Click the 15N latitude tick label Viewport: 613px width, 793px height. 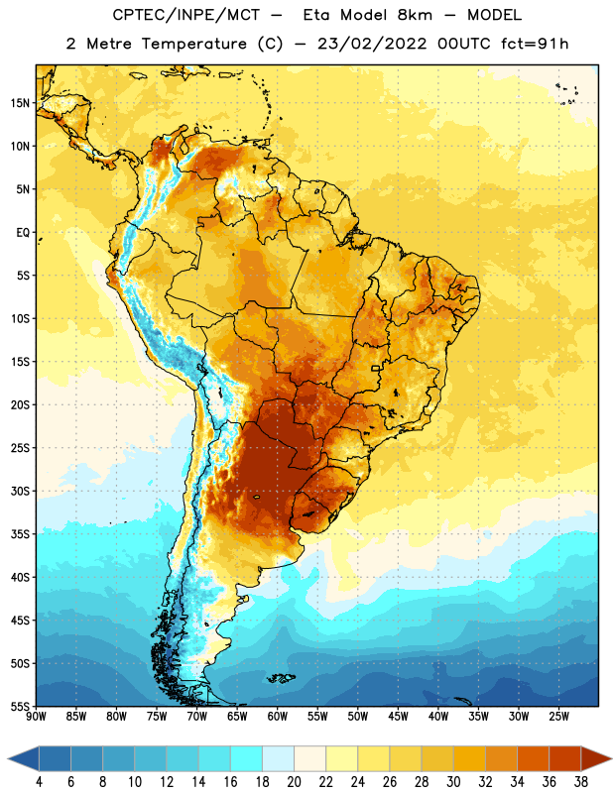(20, 103)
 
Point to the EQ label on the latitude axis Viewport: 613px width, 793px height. (23, 233)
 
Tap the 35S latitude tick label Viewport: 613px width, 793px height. (20, 534)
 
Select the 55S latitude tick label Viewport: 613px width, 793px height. (20, 706)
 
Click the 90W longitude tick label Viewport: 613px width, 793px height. (37, 717)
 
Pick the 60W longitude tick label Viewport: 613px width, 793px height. (278, 717)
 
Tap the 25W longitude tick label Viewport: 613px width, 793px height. (558, 717)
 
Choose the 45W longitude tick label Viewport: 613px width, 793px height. (398, 717)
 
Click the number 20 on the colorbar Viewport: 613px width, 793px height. (294, 782)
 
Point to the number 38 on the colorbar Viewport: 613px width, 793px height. (580, 782)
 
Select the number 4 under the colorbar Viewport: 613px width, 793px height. (39, 782)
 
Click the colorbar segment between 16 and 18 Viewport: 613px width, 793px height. (247, 758)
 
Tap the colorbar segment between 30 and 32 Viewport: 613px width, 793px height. (469, 758)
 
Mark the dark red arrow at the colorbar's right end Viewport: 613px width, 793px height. (596, 758)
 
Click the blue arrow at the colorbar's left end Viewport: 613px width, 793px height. (24, 758)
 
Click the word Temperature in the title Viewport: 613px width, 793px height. (193, 44)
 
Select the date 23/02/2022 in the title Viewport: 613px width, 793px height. (372, 44)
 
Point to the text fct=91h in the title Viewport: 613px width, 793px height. (535, 44)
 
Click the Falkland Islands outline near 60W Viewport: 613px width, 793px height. (281, 678)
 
